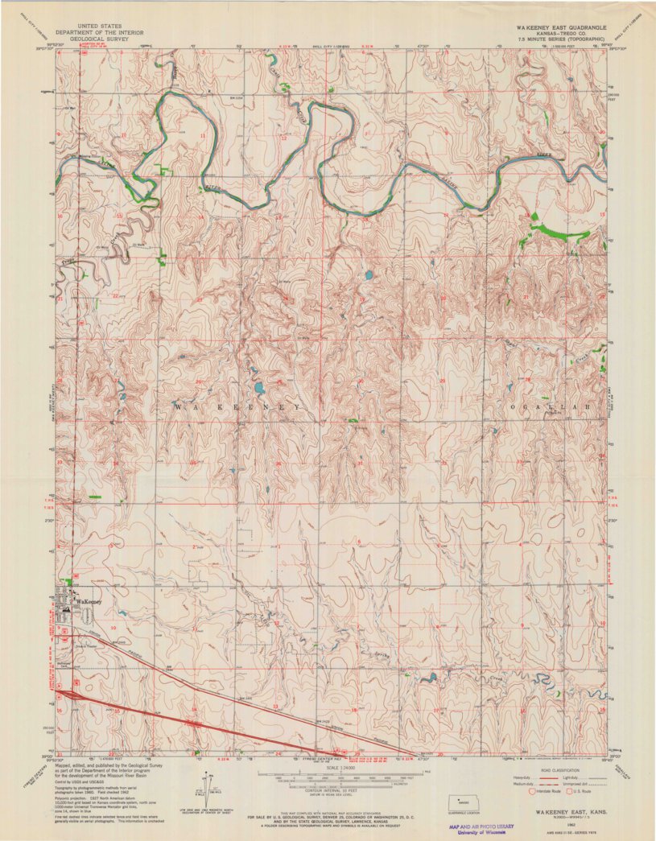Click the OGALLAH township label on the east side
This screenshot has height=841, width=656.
[555, 408]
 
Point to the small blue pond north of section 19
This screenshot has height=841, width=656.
[426, 678]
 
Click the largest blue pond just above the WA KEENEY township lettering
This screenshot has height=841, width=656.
[260, 390]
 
